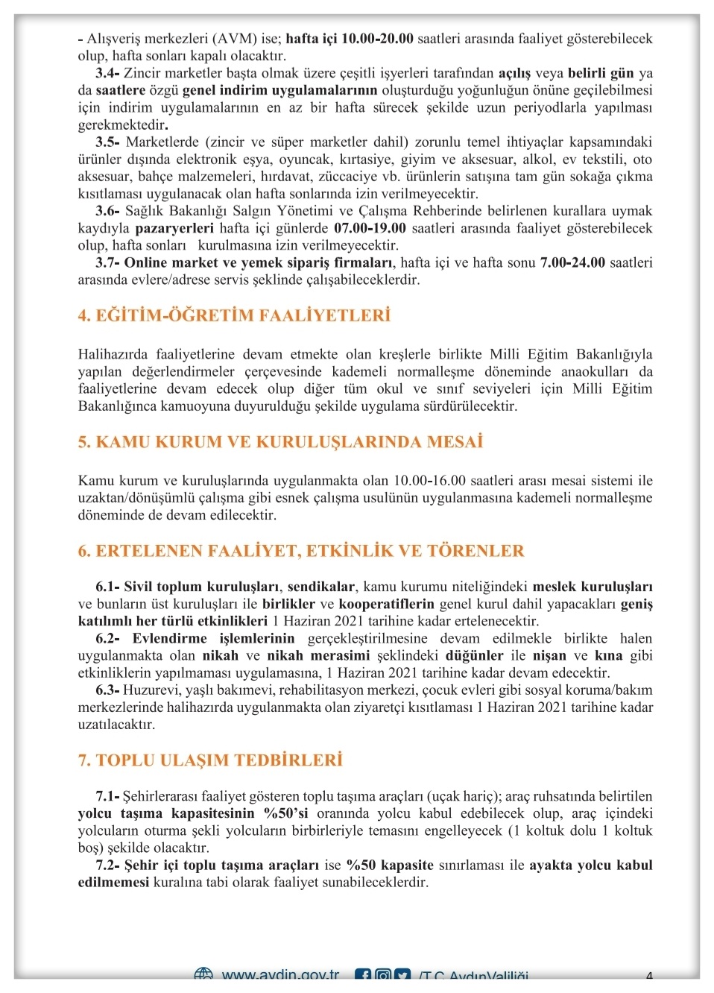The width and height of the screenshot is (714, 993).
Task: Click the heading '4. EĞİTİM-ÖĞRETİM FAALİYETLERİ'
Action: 234,315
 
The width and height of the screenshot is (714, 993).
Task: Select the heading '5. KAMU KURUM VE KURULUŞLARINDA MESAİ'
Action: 280,442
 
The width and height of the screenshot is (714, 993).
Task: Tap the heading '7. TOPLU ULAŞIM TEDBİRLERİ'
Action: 210,760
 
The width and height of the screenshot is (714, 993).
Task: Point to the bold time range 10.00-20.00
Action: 377,39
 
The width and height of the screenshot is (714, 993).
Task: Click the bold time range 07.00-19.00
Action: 370,228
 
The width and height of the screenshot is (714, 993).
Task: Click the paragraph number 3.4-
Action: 107,73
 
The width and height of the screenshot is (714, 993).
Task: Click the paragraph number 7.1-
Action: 107,796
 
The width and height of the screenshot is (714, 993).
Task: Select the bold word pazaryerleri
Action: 174,228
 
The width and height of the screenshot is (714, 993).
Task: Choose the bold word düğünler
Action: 474,655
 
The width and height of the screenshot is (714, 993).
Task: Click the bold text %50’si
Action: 286,813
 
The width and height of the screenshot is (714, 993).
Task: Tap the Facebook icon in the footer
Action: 363,975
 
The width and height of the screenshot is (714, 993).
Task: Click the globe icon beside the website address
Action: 203,974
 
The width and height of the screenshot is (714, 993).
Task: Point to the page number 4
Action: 650,976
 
